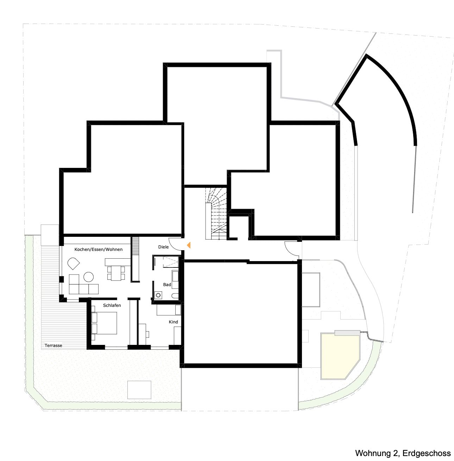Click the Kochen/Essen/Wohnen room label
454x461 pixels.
98,250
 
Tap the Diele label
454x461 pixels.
163,247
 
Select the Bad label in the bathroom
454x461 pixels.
167,284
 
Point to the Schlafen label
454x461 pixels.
112,305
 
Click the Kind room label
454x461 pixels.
173,322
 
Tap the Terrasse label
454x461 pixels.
53,346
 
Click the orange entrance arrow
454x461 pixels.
189,245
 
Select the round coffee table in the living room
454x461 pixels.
89,277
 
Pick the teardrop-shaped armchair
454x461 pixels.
73,263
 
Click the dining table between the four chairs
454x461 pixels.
116,273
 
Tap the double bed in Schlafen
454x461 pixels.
104,323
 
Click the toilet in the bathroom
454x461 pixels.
175,296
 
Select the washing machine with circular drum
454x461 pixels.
158,295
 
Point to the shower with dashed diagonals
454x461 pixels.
171,262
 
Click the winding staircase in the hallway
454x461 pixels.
216,214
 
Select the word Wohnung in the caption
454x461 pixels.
373,453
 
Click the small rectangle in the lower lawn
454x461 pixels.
139,390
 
